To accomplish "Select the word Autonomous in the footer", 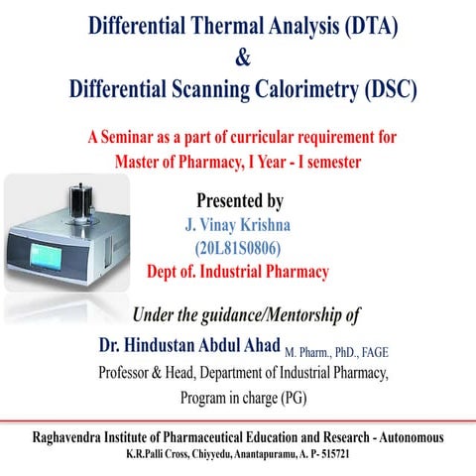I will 408,437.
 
